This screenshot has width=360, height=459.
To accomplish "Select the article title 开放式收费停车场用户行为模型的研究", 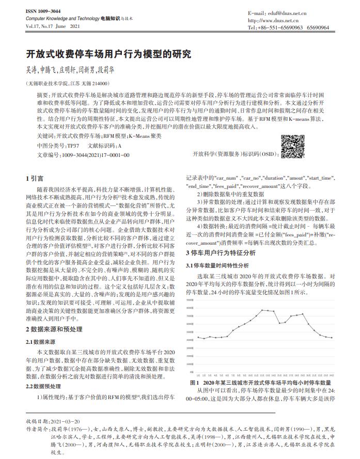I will tap(108, 54).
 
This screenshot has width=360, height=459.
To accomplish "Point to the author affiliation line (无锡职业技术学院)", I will tap(67, 83).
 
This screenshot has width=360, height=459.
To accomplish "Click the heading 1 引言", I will tap(35, 178).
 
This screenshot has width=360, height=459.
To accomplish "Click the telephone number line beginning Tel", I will tap(288, 27).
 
